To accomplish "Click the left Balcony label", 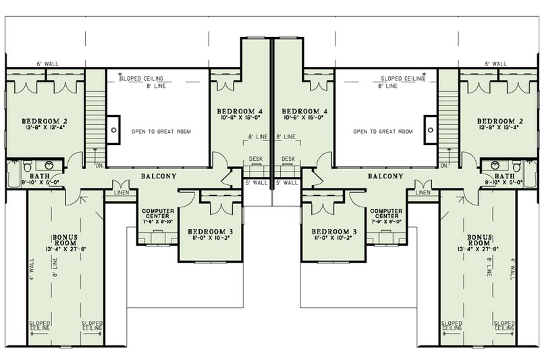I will point(159,176).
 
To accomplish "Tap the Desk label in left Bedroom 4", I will point(255,159).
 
